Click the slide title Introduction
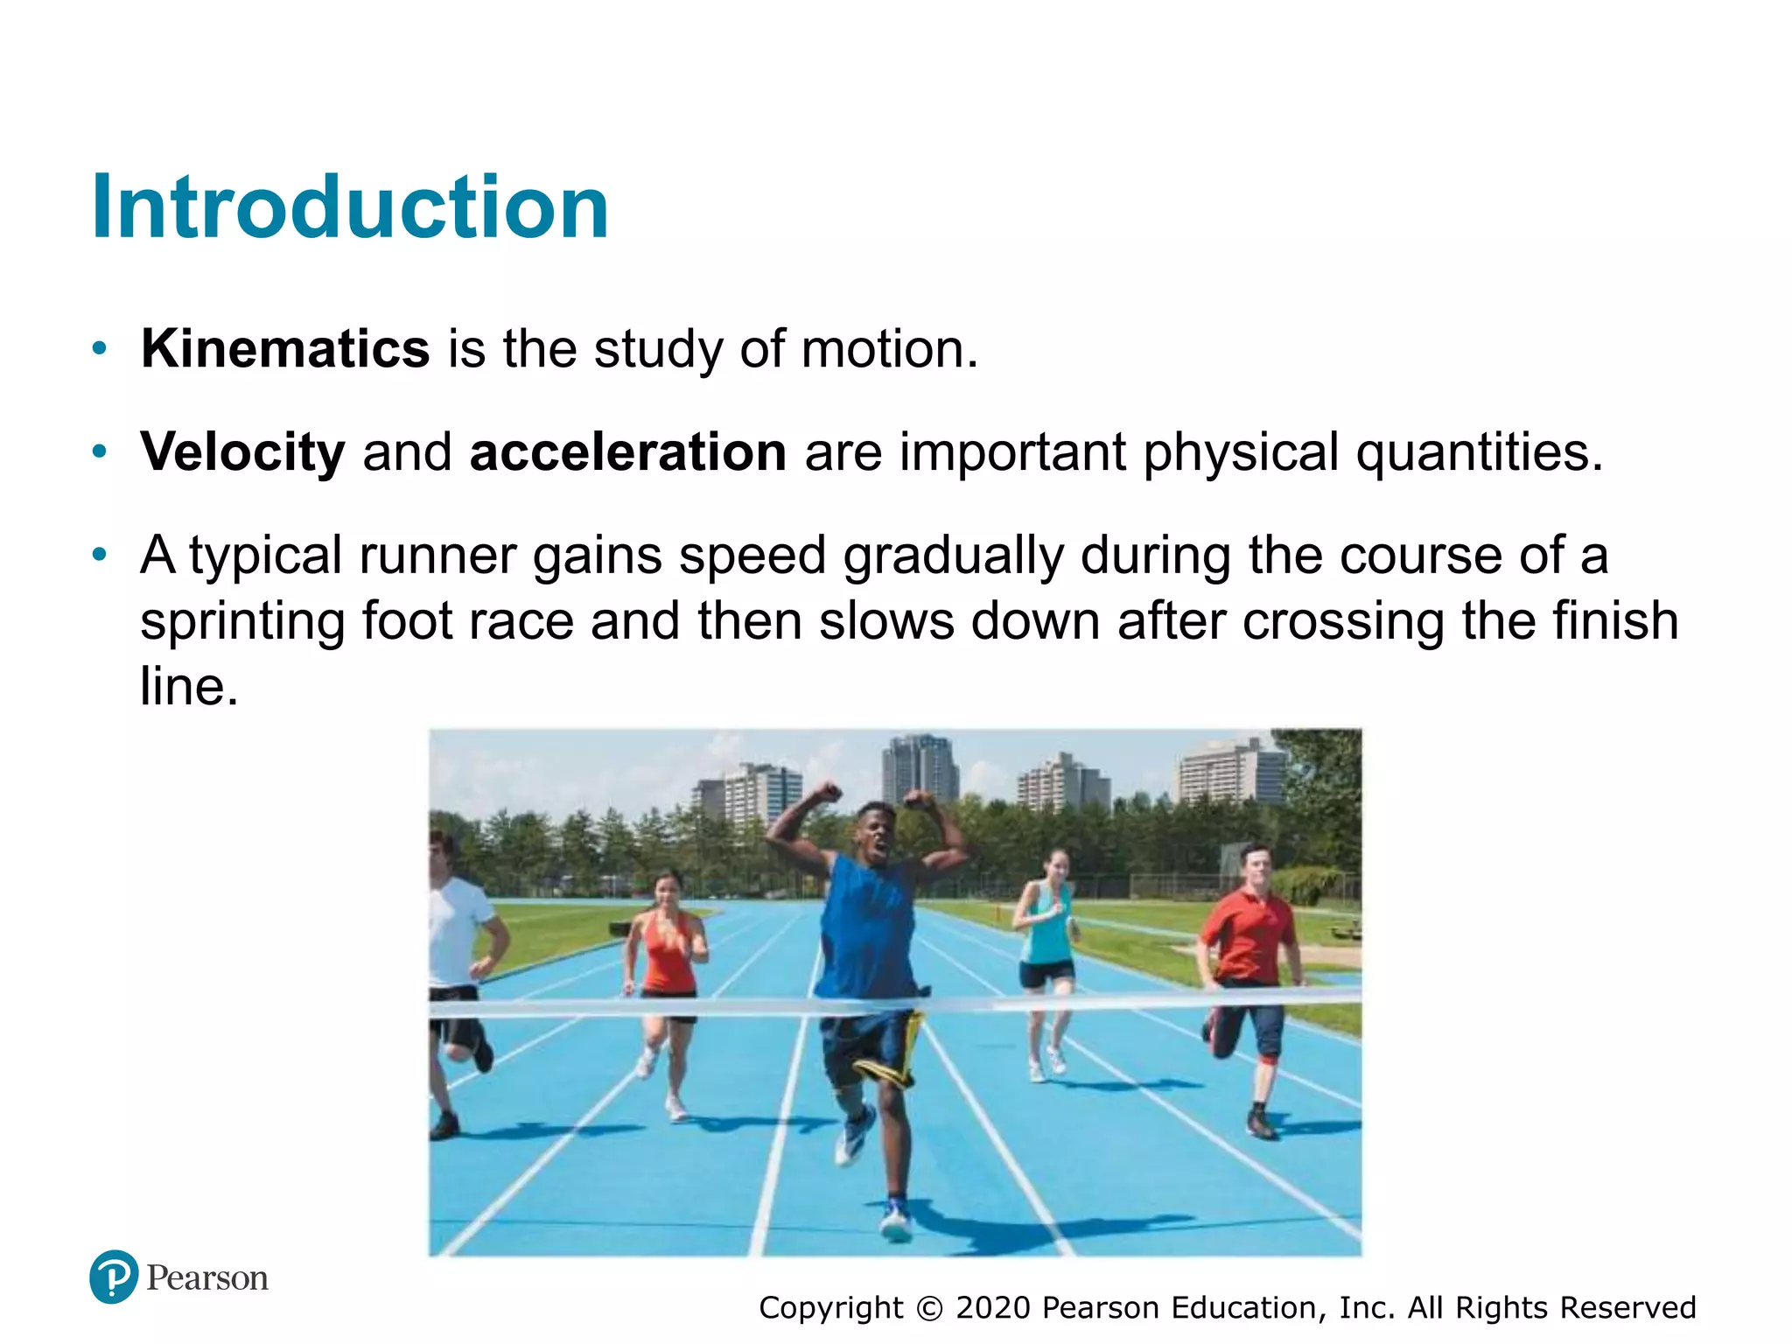pyautogui.click(x=350, y=208)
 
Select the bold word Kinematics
pyautogui.click(x=285, y=349)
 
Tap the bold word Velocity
pyautogui.click(x=242, y=452)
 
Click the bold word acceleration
pyautogui.click(x=627, y=452)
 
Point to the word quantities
pyautogui.click(x=1478, y=452)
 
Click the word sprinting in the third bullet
pyautogui.click(x=241, y=621)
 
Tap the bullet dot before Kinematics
pyautogui.click(x=100, y=349)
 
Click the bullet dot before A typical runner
pyautogui.click(x=100, y=555)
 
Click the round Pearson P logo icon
pyautogui.click(x=114, y=1277)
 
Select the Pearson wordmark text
pyautogui.click(x=207, y=1278)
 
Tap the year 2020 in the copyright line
pyautogui.click(x=993, y=1307)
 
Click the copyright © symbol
pyautogui.click(x=929, y=1308)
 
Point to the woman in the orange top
pyautogui.click(x=667, y=954)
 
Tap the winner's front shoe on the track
pyautogui.click(x=896, y=1221)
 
